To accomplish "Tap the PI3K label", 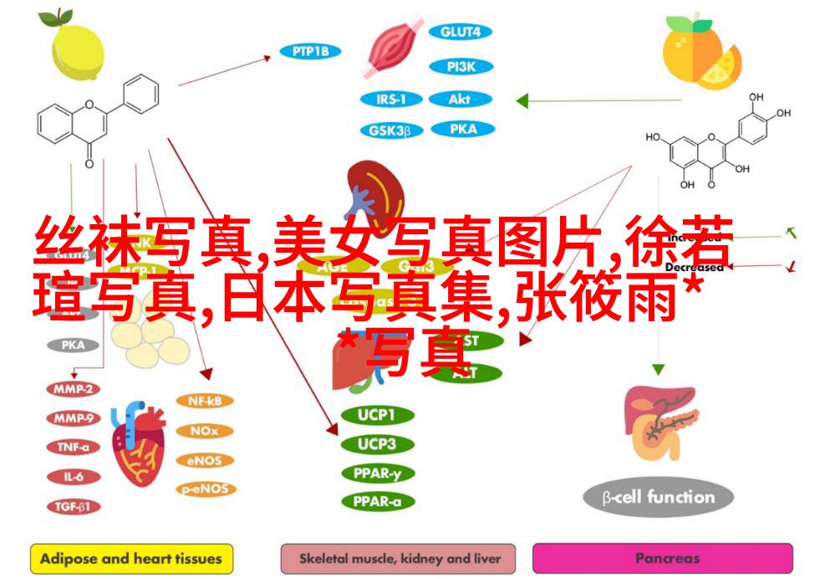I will point(460,65).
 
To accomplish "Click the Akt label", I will point(460,99).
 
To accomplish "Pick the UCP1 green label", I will point(376,414).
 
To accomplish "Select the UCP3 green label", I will point(376,443).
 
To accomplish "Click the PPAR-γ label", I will point(376,473).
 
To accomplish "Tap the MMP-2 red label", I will point(73,389).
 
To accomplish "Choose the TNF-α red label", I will point(73,447).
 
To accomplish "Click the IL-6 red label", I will point(73,476).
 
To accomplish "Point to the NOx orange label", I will point(204,431).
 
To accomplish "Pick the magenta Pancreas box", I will point(662,558).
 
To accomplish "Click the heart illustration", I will point(139,443).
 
